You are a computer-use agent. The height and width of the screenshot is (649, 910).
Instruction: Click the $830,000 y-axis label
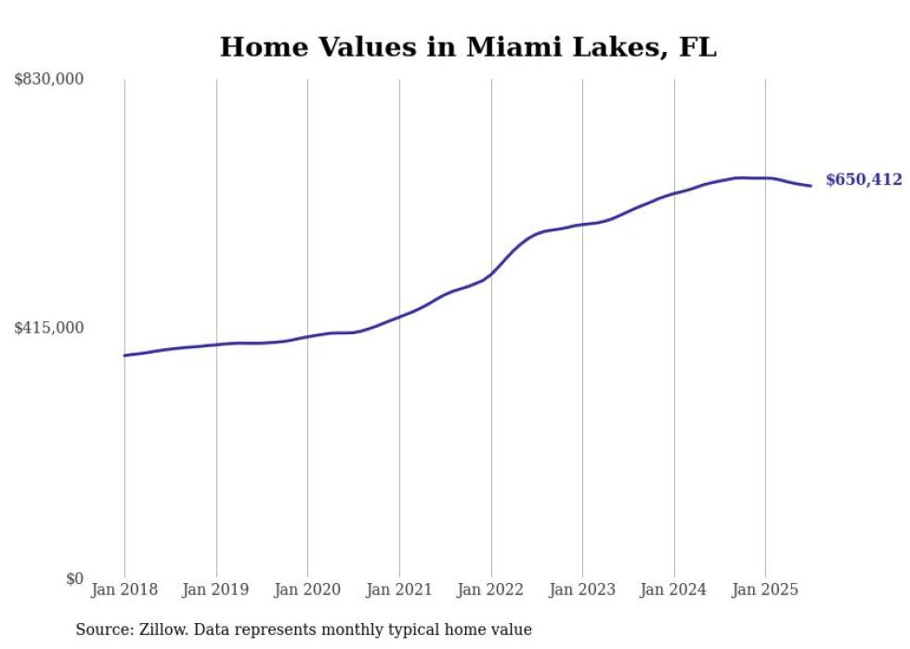(x=49, y=80)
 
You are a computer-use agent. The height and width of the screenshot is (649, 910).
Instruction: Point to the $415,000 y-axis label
(x=49, y=328)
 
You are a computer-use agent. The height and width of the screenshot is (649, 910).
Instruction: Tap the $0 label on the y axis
(x=74, y=578)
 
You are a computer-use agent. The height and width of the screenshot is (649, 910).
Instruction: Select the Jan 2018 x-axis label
(x=124, y=590)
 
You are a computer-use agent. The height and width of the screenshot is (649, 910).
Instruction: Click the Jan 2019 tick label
(x=216, y=590)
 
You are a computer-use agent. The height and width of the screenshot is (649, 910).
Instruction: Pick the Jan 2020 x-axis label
(x=307, y=590)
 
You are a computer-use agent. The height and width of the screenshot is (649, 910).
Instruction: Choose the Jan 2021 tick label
(x=399, y=590)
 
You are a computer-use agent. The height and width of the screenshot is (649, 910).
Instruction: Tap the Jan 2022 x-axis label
(x=491, y=590)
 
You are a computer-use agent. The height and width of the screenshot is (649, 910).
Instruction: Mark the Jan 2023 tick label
(x=582, y=590)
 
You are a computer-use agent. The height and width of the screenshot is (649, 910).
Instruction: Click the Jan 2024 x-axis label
(x=674, y=590)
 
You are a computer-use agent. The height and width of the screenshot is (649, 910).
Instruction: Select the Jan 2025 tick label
(x=765, y=590)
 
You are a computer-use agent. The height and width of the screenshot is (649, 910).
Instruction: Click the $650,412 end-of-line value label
(x=864, y=180)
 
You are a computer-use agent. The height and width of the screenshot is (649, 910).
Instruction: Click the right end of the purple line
(x=812, y=186)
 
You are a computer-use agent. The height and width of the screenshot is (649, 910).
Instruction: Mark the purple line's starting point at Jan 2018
(x=124, y=356)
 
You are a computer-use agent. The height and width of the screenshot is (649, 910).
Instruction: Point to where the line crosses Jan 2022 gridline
(x=491, y=274)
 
